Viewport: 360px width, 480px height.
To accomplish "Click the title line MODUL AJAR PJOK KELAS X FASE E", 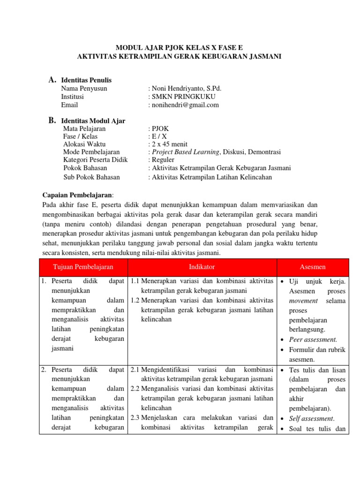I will (180, 47).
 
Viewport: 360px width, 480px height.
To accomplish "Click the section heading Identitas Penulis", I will (86, 80).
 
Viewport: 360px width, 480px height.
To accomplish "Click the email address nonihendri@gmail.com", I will (185, 105).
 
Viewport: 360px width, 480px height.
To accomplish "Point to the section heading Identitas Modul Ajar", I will (94, 120).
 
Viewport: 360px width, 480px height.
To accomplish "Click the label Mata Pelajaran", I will (84, 128).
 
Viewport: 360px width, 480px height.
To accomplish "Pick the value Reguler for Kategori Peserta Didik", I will (163, 160).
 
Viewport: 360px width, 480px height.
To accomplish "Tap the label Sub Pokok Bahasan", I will (91, 177).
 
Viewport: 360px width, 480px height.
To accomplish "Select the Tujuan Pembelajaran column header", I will (83, 267).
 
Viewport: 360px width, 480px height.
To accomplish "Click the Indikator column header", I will (202, 267).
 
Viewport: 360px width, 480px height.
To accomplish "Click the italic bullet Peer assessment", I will (313, 340).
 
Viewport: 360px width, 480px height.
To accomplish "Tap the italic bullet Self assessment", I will (311, 419).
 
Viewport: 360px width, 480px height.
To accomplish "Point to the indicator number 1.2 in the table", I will (135, 300).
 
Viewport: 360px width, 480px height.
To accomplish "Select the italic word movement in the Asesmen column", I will (304, 300).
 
